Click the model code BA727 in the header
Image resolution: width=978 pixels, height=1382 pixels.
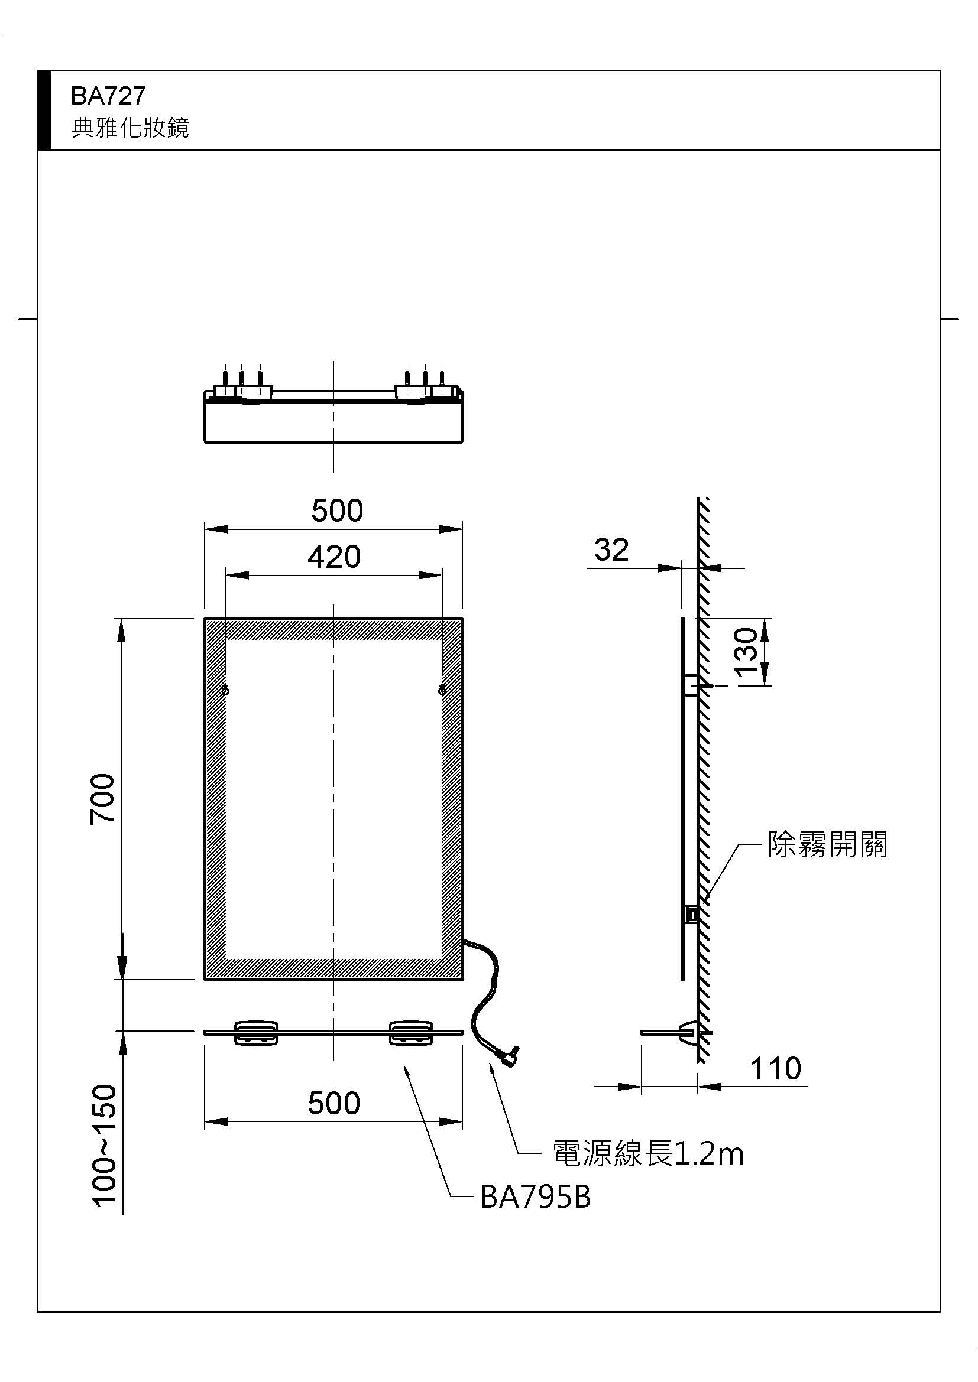(108, 96)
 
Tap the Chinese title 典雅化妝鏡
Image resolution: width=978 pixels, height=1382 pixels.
(130, 128)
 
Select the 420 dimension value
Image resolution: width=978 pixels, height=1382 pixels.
(333, 557)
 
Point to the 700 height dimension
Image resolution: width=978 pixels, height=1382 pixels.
(102, 799)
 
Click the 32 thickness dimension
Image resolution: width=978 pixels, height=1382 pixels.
(611, 549)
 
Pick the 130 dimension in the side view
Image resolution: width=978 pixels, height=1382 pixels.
(746, 652)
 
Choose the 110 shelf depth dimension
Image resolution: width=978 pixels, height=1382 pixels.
(775, 1069)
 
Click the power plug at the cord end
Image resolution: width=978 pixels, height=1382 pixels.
(511, 1053)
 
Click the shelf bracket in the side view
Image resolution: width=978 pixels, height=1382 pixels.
(686, 1030)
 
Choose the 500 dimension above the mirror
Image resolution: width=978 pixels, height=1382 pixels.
(336, 510)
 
